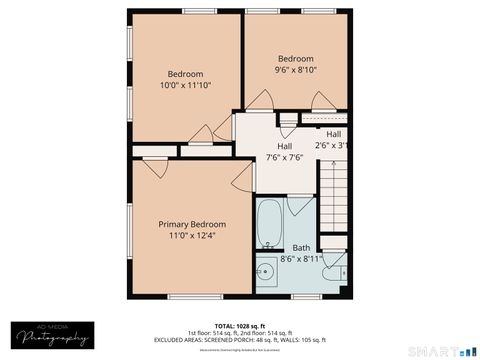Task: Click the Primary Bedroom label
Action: tap(192, 224)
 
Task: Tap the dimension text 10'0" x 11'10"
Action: tap(185, 86)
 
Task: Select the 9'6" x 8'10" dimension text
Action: tap(296, 70)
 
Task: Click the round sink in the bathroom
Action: tap(266, 271)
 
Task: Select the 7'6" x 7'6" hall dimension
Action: tap(283, 157)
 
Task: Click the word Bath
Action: tap(301, 248)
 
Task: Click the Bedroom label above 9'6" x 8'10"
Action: tap(296, 58)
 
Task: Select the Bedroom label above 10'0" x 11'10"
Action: tap(185, 74)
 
